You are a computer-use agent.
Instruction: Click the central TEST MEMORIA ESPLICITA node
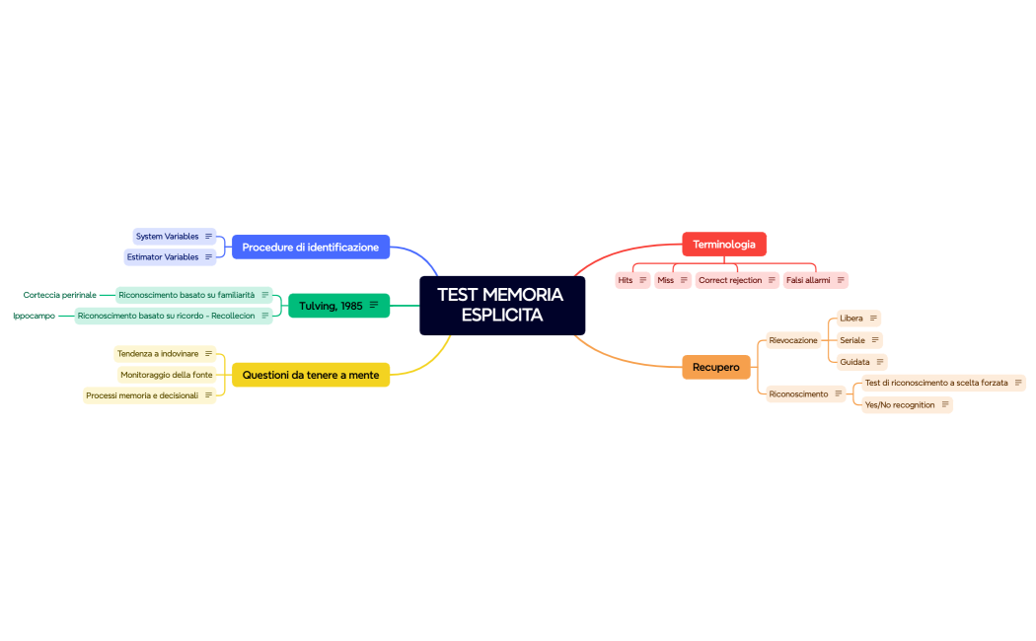click(x=501, y=305)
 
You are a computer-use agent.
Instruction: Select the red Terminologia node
click(x=723, y=245)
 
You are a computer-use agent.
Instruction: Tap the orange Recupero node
click(x=715, y=367)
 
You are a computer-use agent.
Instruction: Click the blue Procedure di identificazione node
click(x=310, y=247)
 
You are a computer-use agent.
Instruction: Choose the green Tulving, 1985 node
click(x=331, y=306)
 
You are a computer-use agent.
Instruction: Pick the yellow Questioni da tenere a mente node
click(x=310, y=375)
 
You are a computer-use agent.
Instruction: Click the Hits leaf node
click(x=626, y=280)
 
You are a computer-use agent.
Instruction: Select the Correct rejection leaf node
click(x=730, y=280)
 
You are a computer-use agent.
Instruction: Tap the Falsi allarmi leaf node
click(x=808, y=280)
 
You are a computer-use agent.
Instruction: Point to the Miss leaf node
click(x=666, y=280)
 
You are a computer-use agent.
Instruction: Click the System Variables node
click(x=168, y=237)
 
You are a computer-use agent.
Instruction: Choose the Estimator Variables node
click(x=163, y=256)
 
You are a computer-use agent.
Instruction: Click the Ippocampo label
click(x=34, y=316)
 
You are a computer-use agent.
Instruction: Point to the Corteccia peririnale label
click(x=60, y=295)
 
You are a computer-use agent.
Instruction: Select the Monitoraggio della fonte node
click(x=166, y=375)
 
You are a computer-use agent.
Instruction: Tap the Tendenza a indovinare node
click(x=158, y=353)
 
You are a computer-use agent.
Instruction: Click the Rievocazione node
click(x=793, y=340)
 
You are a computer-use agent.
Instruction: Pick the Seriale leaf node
click(x=852, y=340)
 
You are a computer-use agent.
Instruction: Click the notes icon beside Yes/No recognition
click(x=945, y=404)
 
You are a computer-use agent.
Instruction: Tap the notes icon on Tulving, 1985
click(x=374, y=306)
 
